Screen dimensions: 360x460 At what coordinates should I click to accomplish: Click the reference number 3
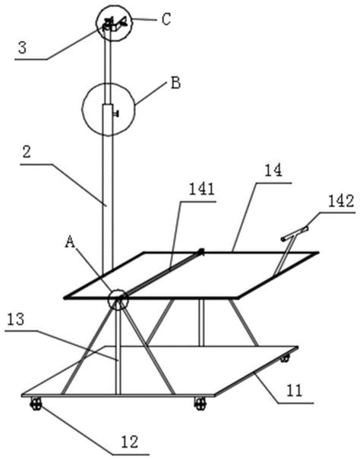[22, 48]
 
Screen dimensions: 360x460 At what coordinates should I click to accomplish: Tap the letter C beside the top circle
[166, 20]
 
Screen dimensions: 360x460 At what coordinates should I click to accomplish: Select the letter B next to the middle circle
[175, 83]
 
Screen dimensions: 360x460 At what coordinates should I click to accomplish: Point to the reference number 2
[27, 153]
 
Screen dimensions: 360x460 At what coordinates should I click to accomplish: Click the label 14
[273, 171]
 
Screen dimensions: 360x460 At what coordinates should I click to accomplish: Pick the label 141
[201, 190]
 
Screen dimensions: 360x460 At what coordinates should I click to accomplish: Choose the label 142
[341, 202]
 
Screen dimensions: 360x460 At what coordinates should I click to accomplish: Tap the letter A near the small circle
[70, 242]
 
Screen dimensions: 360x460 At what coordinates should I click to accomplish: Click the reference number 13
[16, 319]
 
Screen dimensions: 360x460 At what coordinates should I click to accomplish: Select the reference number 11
[294, 391]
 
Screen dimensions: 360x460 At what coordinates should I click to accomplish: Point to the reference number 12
[130, 442]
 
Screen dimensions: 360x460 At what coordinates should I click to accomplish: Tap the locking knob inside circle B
[116, 113]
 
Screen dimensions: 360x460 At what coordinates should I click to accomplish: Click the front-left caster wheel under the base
[36, 404]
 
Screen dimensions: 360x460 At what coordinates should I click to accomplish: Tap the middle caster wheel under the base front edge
[201, 404]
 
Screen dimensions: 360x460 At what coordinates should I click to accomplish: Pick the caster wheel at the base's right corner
[285, 358]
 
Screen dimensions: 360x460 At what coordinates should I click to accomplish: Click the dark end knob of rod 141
[201, 251]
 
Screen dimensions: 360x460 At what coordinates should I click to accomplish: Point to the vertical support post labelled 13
[118, 349]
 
